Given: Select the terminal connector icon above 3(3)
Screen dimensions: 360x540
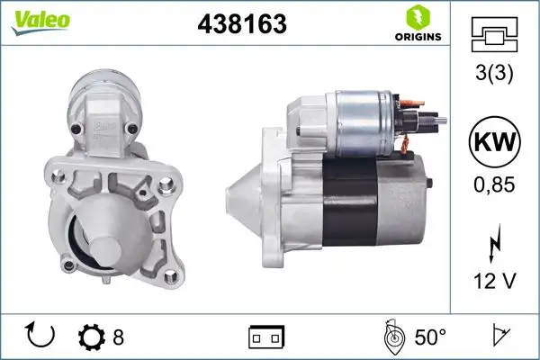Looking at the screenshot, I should pyautogui.click(x=494, y=37).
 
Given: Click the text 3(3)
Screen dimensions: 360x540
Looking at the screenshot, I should pyautogui.click(x=494, y=76).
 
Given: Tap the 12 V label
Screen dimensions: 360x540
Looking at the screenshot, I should pyautogui.click(x=494, y=283).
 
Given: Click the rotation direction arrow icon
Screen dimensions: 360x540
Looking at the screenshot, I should pyautogui.click(x=41, y=337).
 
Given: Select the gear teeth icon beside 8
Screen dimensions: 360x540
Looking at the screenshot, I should pyautogui.click(x=92, y=337).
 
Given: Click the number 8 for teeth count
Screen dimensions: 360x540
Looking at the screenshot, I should pyautogui.click(x=117, y=337).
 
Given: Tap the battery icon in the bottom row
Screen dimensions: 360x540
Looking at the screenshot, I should pyautogui.click(x=265, y=337).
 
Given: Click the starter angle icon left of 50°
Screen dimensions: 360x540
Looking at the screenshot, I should pyautogui.click(x=392, y=337).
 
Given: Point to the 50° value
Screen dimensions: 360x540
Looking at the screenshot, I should pyautogui.click(x=430, y=337).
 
